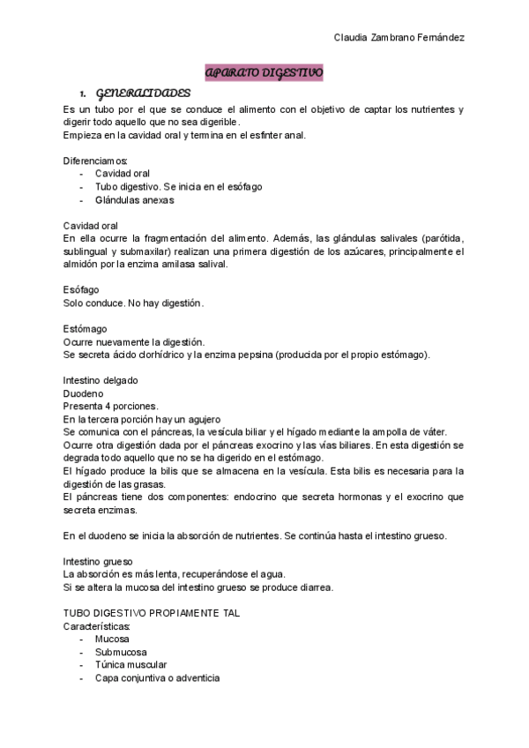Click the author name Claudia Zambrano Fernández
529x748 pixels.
point(399,38)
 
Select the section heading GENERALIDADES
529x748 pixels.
point(142,93)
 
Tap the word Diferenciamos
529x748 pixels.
point(95,161)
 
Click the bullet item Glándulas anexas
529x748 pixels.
point(135,199)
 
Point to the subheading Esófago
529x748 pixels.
point(81,289)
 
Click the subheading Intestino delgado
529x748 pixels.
point(101,380)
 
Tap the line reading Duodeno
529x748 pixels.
point(84,393)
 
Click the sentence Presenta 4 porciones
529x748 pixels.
point(111,406)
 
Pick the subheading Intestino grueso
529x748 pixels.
point(98,561)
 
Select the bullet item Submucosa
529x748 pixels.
point(122,651)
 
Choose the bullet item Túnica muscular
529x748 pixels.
point(131,664)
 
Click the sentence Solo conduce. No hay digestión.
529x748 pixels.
point(133,303)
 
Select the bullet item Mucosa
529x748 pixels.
point(112,639)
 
